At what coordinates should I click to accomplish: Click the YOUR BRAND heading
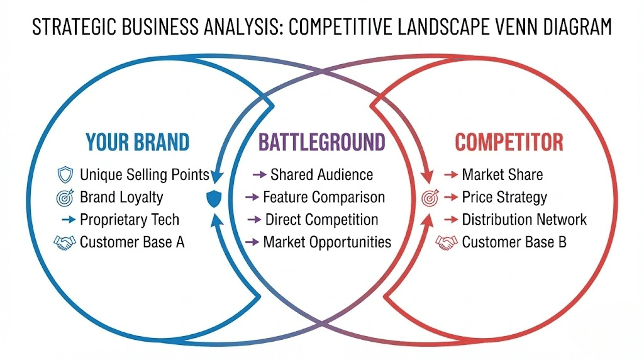(x=137, y=142)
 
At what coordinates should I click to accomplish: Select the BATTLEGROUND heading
(x=321, y=142)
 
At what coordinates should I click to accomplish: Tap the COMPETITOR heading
(x=509, y=142)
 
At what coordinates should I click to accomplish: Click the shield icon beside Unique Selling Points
(x=65, y=174)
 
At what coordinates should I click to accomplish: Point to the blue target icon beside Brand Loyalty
(x=65, y=197)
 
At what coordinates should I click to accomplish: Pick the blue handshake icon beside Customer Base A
(x=65, y=242)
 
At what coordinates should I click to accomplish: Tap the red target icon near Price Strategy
(x=429, y=198)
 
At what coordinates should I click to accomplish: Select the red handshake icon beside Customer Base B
(x=447, y=242)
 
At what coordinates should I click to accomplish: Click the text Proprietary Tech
(x=130, y=220)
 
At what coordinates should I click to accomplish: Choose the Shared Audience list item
(x=321, y=174)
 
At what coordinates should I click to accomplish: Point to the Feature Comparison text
(x=323, y=197)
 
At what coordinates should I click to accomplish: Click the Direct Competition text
(x=321, y=220)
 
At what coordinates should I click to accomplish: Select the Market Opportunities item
(x=327, y=242)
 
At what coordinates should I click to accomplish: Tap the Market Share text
(x=502, y=174)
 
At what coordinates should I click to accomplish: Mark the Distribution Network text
(x=524, y=220)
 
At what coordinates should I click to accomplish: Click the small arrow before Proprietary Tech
(x=69, y=220)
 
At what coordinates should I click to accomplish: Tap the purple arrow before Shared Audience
(x=259, y=174)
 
